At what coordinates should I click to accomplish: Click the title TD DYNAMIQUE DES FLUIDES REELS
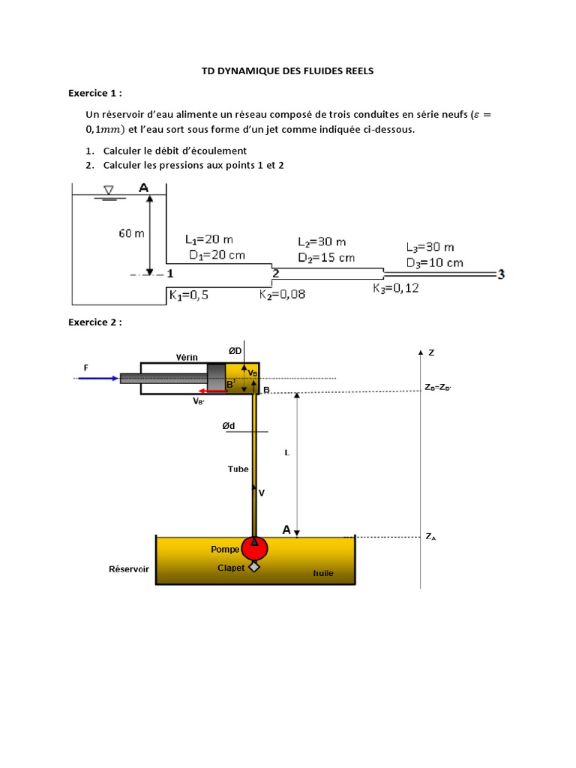tap(287, 70)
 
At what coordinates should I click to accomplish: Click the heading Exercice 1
tap(94, 93)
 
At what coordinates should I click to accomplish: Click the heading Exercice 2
tap(94, 322)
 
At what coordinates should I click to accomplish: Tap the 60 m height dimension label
tap(131, 233)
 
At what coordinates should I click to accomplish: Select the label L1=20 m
tap(208, 240)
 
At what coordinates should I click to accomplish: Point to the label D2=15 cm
tap(326, 257)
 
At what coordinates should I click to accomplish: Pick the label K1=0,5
tap(188, 295)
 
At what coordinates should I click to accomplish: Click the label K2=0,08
tap(283, 295)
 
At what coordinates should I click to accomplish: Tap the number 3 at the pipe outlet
tap(500, 275)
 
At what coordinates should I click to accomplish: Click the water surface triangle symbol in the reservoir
tap(109, 190)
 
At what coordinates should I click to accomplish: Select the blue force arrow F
tap(97, 378)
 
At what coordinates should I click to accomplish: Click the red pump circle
tap(254, 548)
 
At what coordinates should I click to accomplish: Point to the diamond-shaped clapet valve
tap(254, 567)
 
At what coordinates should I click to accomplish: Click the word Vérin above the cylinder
tap(187, 357)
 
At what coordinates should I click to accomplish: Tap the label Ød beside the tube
tap(228, 426)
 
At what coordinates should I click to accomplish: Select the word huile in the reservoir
tap(323, 574)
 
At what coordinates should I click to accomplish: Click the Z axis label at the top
tap(430, 352)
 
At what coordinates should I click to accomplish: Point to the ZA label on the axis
tap(430, 537)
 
